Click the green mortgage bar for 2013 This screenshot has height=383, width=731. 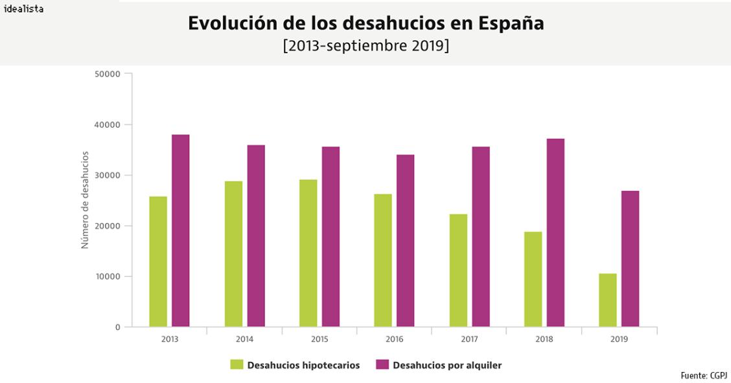158,262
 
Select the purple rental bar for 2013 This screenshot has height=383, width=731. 181,231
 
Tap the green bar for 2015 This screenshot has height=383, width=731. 308,253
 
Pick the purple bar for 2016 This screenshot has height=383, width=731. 405,240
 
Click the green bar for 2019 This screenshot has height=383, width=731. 608,300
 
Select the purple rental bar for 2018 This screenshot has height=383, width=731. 555,233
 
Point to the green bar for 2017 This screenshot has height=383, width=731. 458,270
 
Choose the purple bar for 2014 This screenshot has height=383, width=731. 256,236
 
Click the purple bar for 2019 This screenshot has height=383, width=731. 630,259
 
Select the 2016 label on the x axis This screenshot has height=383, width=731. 395,339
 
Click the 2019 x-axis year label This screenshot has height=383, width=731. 619,339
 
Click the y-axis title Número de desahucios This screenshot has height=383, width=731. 84,200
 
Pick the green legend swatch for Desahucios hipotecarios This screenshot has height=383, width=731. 237,365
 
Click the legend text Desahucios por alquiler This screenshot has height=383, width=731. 447,365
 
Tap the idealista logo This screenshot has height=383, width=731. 24,9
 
